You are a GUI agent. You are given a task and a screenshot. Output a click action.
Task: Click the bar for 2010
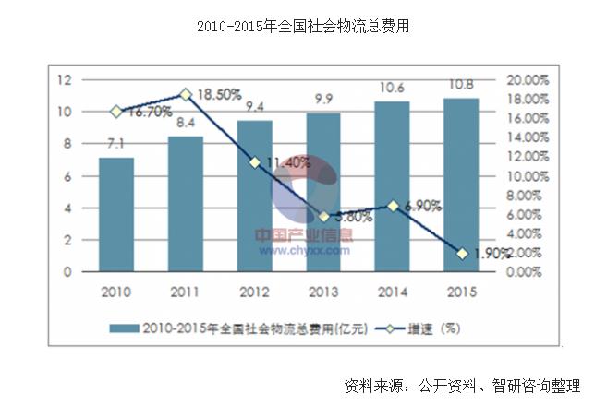pyautogui.click(x=116, y=214)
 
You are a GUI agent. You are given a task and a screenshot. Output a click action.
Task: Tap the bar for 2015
pyautogui.click(x=461, y=185)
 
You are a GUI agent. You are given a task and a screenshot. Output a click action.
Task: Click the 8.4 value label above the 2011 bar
pyautogui.click(x=185, y=123)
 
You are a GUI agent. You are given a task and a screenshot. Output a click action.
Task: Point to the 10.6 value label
pyautogui.click(x=393, y=88)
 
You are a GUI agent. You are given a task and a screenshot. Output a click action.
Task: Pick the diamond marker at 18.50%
pyautogui.click(x=185, y=94)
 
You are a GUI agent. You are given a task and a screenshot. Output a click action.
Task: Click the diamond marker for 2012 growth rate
pyautogui.click(x=254, y=162)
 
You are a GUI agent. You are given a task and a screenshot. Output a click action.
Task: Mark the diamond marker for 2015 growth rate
pyautogui.click(x=461, y=254)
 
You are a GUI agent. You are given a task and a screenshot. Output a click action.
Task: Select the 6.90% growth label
pyautogui.click(x=422, y=206)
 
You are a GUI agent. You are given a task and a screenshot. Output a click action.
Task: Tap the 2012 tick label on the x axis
pyautogui.click(x=254, y=292)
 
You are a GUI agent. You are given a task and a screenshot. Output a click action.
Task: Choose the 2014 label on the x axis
pyautogui.click(x=393, y=292)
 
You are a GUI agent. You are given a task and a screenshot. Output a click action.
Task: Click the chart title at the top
pyautogui.click(x=303, y=27)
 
